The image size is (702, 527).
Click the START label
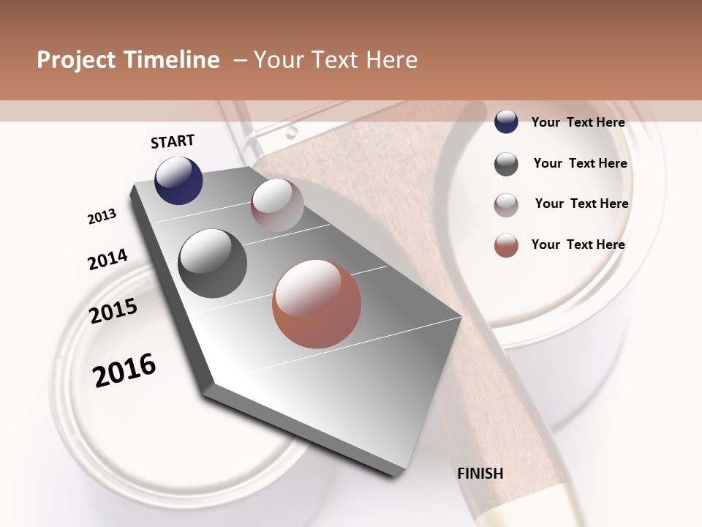(x=173, y=141)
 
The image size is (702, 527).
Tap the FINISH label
(x=480, y=474)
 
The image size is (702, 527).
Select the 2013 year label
(x=102, y=217)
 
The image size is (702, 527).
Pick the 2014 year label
(x=107, y=259)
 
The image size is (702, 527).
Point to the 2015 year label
(x=113, y=311)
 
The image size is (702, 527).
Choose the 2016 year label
(x=124, y=370)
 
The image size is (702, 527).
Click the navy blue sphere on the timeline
(x=178, y=180)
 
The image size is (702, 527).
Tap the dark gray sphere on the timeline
(x=213, y=263)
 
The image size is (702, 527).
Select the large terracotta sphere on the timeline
(x=317, y=304)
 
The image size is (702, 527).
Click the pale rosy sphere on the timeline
(x=277, y=205)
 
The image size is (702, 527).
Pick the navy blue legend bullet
(x=506, y=122)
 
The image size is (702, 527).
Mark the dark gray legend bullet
(x=506, y=164)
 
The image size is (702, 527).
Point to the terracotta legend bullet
(x=506, y=245)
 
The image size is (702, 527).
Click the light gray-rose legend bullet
(x=506, y=205)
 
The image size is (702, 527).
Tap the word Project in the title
(x=75, y=60)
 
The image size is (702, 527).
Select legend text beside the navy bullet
(x=578, y=122)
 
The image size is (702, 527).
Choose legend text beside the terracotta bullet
(x=578, y=244)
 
